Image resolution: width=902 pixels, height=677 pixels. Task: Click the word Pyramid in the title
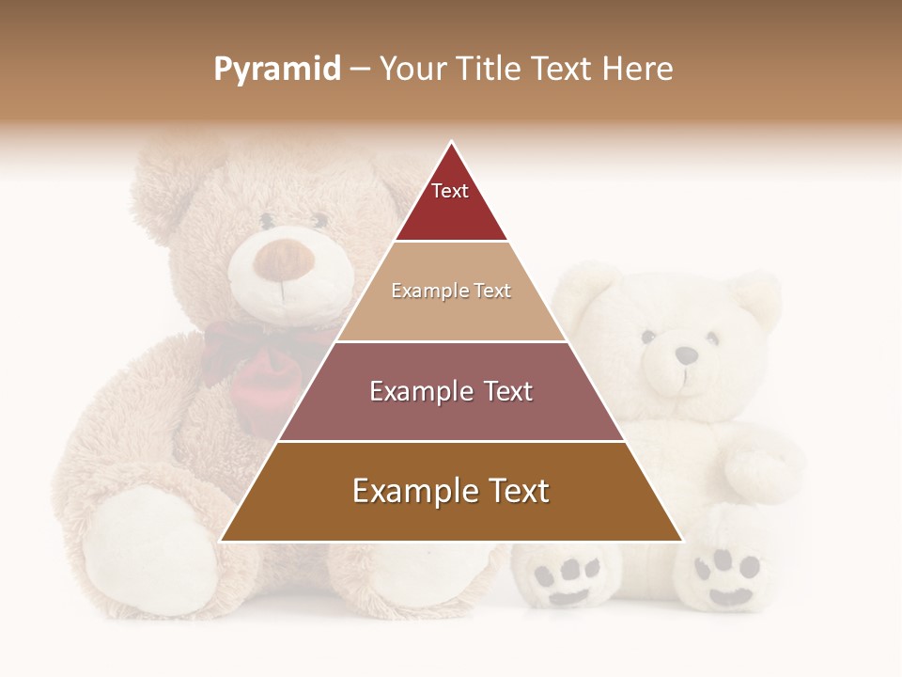click(x=276, y=70)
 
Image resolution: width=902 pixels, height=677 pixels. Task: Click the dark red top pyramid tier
click(x=451, y=202)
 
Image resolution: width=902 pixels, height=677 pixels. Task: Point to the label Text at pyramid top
click(x=450, y=191)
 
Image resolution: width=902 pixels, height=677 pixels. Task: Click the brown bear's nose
click(x=281, y=260)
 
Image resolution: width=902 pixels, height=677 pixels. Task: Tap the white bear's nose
click(x=687, y=355)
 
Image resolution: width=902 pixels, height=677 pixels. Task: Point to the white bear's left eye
click(x=647, y=336)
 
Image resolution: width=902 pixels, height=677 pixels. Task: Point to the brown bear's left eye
click(x=268, y=223)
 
